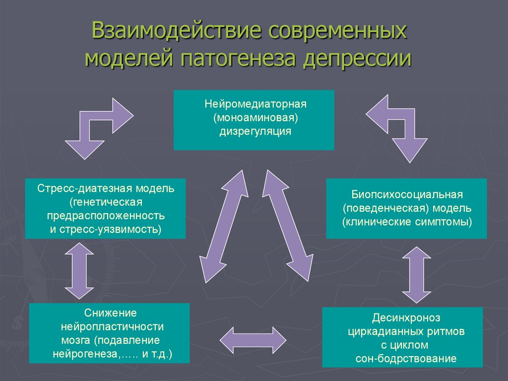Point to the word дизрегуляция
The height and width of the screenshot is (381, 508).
[x=254, y=132]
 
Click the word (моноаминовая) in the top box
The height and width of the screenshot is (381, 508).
[x=254, y=118]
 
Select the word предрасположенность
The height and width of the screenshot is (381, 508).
[x=106, y=216]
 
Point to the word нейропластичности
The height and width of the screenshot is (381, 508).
[x=112, y=327]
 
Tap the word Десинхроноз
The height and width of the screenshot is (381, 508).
[x=406, y=317]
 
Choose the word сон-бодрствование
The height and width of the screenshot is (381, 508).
[x=406, y=358]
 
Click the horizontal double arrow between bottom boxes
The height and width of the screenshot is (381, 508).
[x=253, y=340]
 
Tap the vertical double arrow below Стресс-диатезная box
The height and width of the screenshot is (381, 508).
[x=79, y=271]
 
